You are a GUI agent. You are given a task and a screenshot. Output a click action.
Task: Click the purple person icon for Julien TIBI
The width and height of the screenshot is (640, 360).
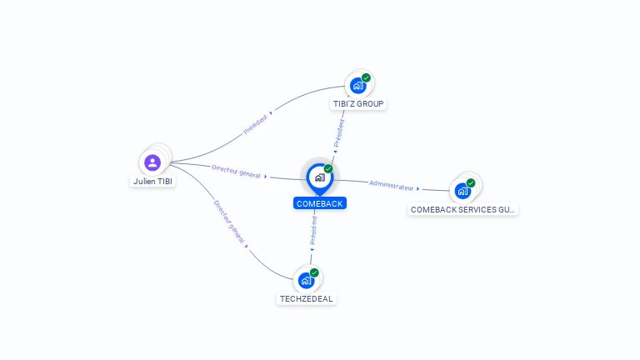(x=152, y=162)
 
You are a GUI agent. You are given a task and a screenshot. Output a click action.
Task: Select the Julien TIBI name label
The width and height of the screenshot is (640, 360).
(x=153, y=181)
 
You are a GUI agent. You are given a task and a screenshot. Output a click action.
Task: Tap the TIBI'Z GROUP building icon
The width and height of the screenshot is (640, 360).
(x=357, y=85)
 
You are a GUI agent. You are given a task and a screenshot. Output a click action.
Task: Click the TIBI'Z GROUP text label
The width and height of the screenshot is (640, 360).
(x=359, y=104)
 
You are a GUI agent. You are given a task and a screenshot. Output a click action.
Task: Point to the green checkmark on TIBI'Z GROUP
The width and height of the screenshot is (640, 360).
(x=366, y=77)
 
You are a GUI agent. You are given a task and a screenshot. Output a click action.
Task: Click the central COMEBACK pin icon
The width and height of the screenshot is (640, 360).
(x=319, y=177)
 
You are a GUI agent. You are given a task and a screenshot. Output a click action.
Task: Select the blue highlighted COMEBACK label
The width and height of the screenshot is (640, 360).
(x=319, y=203)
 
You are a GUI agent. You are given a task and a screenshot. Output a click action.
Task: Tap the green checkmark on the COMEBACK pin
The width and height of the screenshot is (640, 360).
(x=328, y=168)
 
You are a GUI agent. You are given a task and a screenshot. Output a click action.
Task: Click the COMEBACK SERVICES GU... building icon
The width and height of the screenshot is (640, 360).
(x=462, y=191)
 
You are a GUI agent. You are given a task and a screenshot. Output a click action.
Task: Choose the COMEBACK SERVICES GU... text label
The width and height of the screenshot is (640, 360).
(x=463, y=209)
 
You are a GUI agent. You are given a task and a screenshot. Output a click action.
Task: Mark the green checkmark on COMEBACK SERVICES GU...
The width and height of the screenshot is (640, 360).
(x=471, y=183)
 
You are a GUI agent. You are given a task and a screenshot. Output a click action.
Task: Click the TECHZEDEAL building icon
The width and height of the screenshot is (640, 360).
(x=306, y=280)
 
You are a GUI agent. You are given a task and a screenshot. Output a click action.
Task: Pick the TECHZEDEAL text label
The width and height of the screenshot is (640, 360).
(x=307, y=298)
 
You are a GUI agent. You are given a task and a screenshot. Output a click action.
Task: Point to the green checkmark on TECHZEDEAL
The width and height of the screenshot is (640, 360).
(x=314, y=272)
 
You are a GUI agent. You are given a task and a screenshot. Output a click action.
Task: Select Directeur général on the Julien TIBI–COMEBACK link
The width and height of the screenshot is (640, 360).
(x=237, y=171)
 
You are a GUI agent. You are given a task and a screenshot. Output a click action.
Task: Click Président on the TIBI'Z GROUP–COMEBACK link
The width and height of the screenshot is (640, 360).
(x=339, y=133)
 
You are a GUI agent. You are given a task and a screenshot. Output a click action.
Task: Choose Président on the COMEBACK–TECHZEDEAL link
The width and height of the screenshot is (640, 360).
(x=313, y=231)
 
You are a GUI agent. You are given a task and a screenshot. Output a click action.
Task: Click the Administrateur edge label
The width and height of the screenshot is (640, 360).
(x=391, y=185)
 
